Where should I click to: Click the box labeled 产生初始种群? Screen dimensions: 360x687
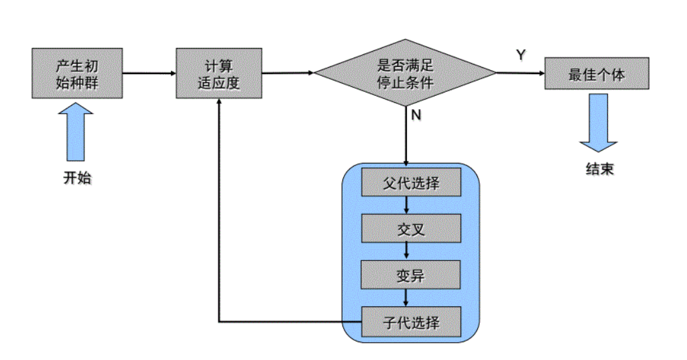point(77,73)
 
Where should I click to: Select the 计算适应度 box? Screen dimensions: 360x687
point(219,73)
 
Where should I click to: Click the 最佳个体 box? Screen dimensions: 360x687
point(596,73)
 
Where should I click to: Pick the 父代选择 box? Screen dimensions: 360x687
point(411,183)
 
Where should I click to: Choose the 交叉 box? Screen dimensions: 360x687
point(411,229)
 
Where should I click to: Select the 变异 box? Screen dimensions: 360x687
point(411,275)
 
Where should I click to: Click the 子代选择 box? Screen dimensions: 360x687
point(411,322)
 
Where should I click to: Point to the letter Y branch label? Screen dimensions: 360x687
point(521,55)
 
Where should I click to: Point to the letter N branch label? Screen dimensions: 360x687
point(416,116)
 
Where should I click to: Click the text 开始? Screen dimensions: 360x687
point(77,178)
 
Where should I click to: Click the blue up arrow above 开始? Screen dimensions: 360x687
point(76,133)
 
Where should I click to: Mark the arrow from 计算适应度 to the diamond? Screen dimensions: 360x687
point(287,73)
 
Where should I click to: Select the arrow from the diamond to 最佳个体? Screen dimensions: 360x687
point(520,73)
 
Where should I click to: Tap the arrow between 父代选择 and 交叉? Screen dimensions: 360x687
point(406,205)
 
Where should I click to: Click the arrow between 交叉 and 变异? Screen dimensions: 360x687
point(406,251)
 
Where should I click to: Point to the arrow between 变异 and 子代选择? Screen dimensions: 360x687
point(406,297)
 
